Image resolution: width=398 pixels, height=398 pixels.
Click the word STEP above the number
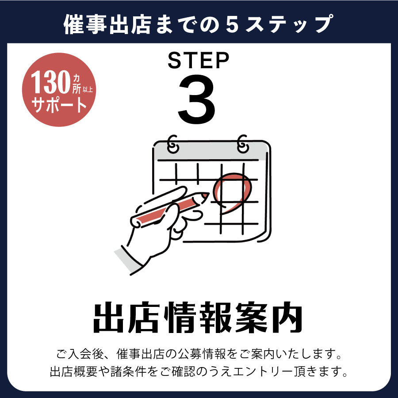pyautogui.click(x=198, y=60)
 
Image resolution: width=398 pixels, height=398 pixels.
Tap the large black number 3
pyautogui.click(x=197, y=99)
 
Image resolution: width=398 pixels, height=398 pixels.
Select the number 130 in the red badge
pyautogui.click(x=50, y=82)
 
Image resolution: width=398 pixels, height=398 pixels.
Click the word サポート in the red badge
pyautogui.click(x=59, y=104)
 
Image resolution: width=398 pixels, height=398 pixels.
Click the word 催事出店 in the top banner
pyautogui.click(x=107, y=24)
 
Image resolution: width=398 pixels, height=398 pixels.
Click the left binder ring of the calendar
pyautogui.click(x=172, y=144)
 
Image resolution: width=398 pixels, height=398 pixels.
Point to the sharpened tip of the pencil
pyautogui.click(x=208, y=195)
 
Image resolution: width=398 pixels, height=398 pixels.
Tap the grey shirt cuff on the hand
pyautogui.click(x=128, y=260)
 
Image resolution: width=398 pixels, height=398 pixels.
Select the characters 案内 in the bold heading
pyautogui.click(x=269, y=318)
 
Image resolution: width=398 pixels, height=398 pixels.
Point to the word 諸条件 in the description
pyautogui.click(x=128, y=371)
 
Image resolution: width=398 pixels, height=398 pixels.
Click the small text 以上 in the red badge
pyautogui.click(x=88, y=90)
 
